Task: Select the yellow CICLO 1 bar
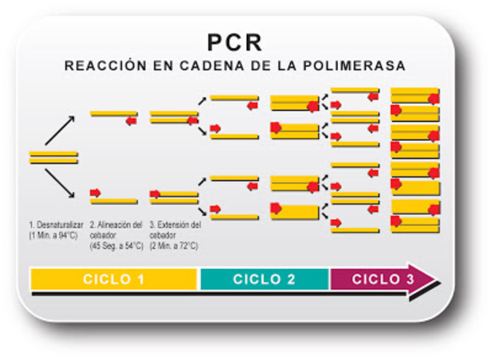click(x=114, y=279)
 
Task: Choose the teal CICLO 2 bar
click(x=264, y=279)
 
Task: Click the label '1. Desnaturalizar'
click(x=55, y=225)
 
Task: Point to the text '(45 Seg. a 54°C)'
click(x=117, y=246)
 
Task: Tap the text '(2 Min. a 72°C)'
click(x=176, y=246)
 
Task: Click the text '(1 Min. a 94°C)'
click(x=55, y=234)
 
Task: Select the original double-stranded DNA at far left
click(x=54, y=157)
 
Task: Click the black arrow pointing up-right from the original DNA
click(x=60, y=130)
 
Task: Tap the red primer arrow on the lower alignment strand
click(x=96, y=192)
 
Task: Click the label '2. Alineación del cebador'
click(x=117, y=230)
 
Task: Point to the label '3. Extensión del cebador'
click(x=176, y=230)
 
